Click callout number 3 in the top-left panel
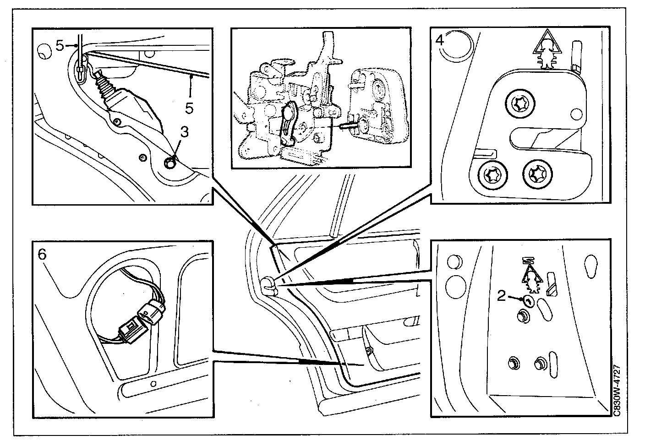click(x=184, y=132)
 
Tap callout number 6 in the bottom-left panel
click(x=42, y=254)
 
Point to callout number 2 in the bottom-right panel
click(x=502, y=296)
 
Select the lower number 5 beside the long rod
click(x=189, y=108)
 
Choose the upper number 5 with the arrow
click(x=60, y=45)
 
